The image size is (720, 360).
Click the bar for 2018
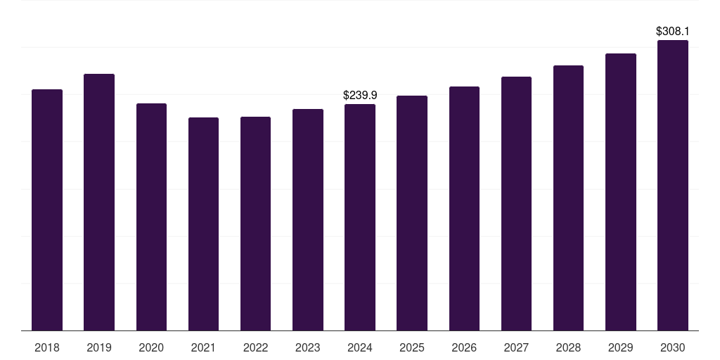pyautogui.click(x=47, y=210)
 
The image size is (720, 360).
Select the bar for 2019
pyautogui.click(x=99, y=202)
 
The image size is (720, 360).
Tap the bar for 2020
pyautogui.click(x=151, y=217)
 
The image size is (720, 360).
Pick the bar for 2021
pyautogui.click(x=203, y=224)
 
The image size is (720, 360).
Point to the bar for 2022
pyautogui.click(x=255, y=224)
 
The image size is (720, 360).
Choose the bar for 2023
pyautogui.click(x=308, y=220)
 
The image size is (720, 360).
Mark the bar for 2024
pyautogui.click(x=360, y=217)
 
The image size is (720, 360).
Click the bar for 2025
pyautogui.click(x=412, y=213)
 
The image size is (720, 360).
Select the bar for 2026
pyautogui.click(x=464, y=208)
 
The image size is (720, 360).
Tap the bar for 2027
pyautogui.click(x=516, y=204)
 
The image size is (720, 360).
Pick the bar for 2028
pyautogui.click(x=568, y=198)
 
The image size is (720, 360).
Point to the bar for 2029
pyautogui.click(x=621, y=192)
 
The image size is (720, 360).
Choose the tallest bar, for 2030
pyautogui.click(x=673, y=186)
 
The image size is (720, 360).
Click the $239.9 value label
pyautogui.click(x=360, y=96)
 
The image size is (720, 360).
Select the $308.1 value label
pyautogui.click(x=673, y=32)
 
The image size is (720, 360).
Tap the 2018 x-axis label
pyautogui.click(x=47, y=348)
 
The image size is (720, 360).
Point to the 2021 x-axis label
pyautogui.click(x=203, y=348)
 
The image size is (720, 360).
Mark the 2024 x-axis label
pyautogui.click(x=360, y=348)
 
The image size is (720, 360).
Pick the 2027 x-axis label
pyautogui.click(x=516, y=348)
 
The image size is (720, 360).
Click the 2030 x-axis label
pyautogui.click(x=673, y=348)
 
